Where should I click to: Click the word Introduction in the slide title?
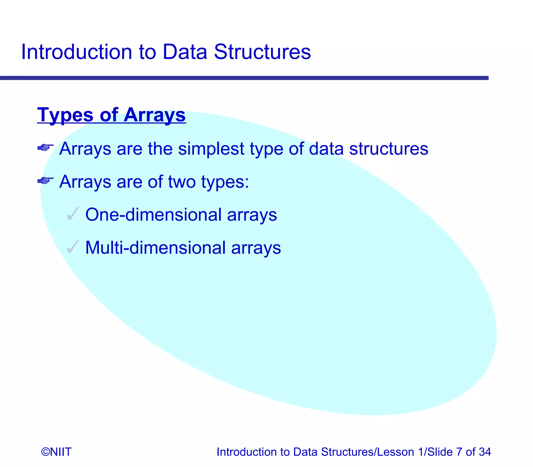[76, 52]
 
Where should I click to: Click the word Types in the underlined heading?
[65, 115]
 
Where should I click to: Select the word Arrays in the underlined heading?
[154, 115]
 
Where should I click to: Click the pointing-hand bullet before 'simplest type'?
[45, 148]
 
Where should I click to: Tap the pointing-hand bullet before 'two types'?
[45, 180]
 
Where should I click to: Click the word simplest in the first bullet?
[211, 149]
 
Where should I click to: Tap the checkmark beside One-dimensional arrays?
[73, 214]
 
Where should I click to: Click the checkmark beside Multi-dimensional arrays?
[73, 247]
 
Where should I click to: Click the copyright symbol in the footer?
[45, 452]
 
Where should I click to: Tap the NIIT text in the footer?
[60, 452]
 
